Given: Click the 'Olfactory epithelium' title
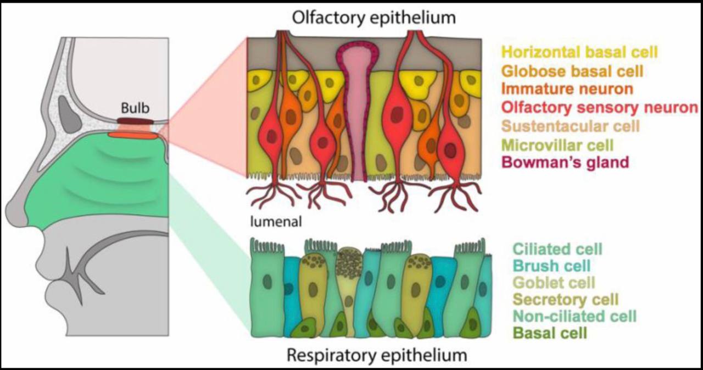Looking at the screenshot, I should [x=374, y=18].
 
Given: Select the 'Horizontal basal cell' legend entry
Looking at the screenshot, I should [x=580, y=52].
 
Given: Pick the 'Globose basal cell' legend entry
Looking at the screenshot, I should [x=573, y=71].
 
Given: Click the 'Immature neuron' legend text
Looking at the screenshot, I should [x=568, y=89].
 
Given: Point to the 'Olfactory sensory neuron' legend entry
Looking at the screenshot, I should [x=600, y=108].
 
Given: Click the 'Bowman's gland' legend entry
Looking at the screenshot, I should [x=566, y=163].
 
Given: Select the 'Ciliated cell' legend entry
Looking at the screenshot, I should [x=556, y=249].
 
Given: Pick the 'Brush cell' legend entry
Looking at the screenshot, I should [x=550, y=266].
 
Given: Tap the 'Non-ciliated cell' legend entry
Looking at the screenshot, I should [x=573, y=316].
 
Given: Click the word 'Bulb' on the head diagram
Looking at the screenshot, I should [x=133, y=108].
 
